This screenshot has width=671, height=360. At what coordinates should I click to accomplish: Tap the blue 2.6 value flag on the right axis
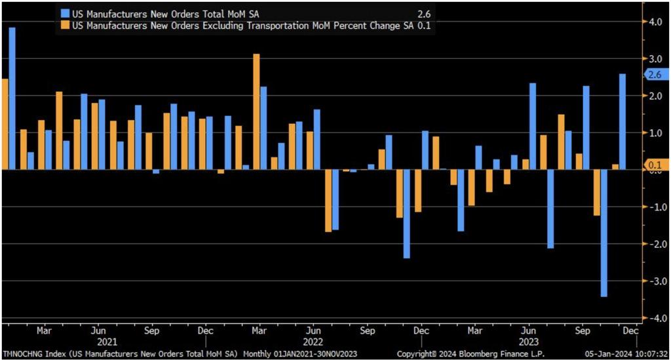[655, 75]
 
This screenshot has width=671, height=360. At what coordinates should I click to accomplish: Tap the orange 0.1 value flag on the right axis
[655, 165]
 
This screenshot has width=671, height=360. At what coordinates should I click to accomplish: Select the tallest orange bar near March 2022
[256, 111]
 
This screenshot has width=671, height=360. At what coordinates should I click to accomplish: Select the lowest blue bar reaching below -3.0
[604, 233]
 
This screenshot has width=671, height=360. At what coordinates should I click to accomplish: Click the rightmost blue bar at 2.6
[621, 121]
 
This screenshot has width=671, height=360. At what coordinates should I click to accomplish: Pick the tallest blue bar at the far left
[12, 98]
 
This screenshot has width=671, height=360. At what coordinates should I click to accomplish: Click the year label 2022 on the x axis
[313, 342]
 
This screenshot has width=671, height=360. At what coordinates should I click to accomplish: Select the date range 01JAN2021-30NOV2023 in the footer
[311, 354]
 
